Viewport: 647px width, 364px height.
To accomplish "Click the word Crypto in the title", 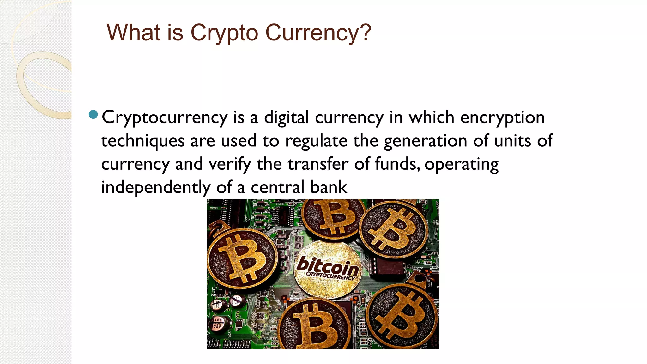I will tap(224, 33).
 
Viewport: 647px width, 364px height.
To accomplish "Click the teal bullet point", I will tap(94, 114).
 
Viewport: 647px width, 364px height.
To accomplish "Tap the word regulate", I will tap(316, 141).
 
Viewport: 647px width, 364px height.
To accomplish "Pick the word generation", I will tap(425, 141).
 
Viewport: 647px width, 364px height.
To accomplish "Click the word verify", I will tap(230, 164).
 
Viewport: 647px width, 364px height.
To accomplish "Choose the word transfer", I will tap(318, 164).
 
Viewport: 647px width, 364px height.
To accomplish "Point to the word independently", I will tap(156, 187).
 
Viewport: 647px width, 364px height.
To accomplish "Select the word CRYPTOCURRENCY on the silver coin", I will tap(330, 276).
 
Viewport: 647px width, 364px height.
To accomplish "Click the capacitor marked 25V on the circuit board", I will tap(218, 324).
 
